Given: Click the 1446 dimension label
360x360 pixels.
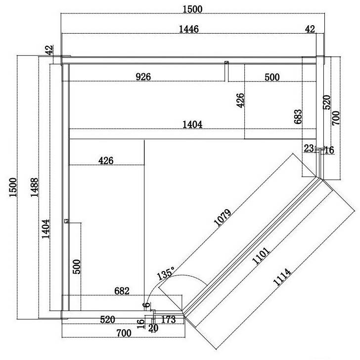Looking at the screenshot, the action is (x=189, y=29).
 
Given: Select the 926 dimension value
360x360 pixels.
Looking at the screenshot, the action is (x=143, y=77).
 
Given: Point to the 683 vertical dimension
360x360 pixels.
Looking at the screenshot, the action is (x=298, y=117).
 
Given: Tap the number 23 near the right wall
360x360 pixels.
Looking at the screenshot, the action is (x=309, y=148).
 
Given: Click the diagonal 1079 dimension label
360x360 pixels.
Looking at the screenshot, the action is (x=222, y=218).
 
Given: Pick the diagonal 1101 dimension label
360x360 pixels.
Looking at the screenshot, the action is (x=261, y=256).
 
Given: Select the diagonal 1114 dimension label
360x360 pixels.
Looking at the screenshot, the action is (x=282, y=277).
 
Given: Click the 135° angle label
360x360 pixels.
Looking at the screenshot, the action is (x=166, y=273).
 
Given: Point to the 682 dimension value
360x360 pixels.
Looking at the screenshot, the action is (x=122, y=291).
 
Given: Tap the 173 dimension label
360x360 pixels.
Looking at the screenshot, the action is (x=169, y=319).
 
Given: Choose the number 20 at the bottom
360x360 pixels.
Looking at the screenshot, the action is (x=153, y=328).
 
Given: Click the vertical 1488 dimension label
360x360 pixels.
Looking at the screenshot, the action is (x=35, y=187).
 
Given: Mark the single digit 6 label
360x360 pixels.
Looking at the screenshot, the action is (x=146, y=306).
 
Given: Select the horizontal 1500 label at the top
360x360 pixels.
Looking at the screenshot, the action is (x=192, y=9).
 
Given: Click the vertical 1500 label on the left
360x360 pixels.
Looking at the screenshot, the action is (x=13, y=187).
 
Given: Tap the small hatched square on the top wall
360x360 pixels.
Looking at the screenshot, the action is (x=226, y=62).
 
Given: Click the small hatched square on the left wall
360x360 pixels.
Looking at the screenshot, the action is (x=67, y=221).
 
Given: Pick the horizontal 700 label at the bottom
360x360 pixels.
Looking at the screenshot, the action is (x=124, y=333).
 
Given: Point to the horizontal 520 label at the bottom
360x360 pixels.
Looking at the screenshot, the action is (x=107, y=319).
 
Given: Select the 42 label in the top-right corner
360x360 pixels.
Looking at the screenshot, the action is (x=310, y=29).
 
